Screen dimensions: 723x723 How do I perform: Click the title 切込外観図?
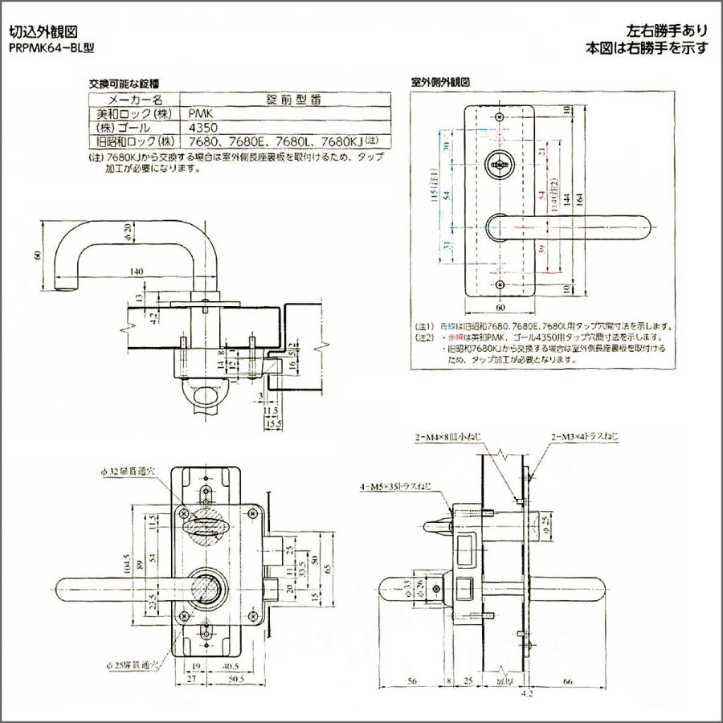(42, 33)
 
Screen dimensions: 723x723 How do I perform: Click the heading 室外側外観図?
(439, 83)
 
